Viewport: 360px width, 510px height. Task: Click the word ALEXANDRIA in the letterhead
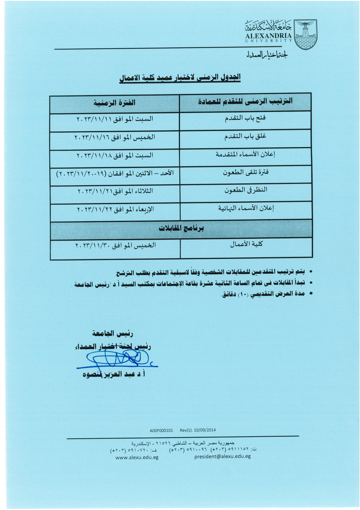[268, 36]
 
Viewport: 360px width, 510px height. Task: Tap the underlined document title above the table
[180, 78]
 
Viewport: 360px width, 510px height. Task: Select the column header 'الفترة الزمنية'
[114, 103]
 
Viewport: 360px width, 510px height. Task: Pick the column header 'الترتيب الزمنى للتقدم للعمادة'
[245, 101]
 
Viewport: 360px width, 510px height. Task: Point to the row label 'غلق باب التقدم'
[245, 136]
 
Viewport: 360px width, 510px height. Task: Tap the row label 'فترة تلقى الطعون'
[246, 172]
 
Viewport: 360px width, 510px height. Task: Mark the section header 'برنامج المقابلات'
[181, 228]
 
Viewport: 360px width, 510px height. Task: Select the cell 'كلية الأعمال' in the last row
[246, 244]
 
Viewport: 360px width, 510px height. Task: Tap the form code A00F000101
[161, 430]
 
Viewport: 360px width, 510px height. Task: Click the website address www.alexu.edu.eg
[137, 457]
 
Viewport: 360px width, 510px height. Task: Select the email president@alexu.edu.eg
[222, 456]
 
